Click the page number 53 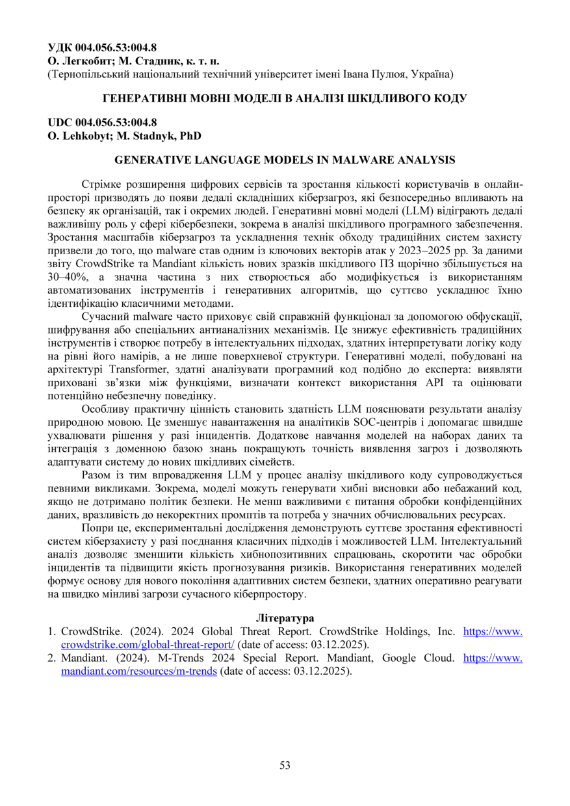click(x=285, y=765)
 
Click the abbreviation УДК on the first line click(x=60, y=47)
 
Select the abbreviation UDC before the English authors click(x=60, y=122)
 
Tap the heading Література click(x=285, y=617)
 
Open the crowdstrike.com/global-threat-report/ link click(x=148, y=644)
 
